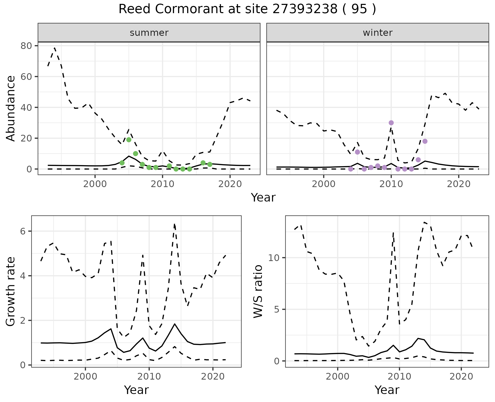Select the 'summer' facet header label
click(149, 33)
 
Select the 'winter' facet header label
click(377, 33)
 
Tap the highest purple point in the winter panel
click(391, 123)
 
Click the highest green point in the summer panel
click(129, 140)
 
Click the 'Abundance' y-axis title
click(11, 108)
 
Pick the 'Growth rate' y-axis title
click(11, 291)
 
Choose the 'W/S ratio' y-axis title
click(258, 291)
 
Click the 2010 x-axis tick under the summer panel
click(162, 184)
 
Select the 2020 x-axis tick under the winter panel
click(458, 184)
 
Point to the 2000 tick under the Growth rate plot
click(85, 376)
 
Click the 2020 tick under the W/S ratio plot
click(461, 376)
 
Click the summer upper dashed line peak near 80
click(55, 48)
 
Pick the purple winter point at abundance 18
click(425, 141)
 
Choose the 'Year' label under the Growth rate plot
click(136, 390)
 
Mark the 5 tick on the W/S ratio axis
click(277, 309)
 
